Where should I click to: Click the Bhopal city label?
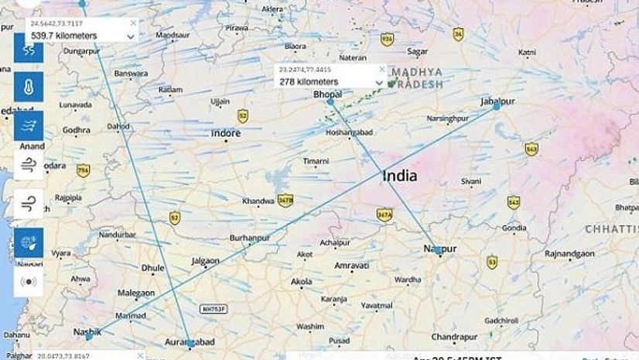(x=327, y=94)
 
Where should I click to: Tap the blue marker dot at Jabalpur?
(x=496, y=106)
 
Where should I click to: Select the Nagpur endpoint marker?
(x=438, y=250)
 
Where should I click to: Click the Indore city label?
(x=226, y=133)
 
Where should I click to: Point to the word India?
(x=399, y=176)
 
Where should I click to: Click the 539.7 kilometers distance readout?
(x=63, y=36)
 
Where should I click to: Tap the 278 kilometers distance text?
(x=309, y=81)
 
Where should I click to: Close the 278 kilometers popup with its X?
(x=381, y=69)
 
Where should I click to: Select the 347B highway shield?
(x=285, y=199)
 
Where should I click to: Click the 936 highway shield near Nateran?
(x=387, y=39)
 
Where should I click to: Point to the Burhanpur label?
(x=249, y=238)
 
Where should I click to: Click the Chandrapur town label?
(x=453, y=337)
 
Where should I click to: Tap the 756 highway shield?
(x=84, y=170)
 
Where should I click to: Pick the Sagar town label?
(x=418, y=51)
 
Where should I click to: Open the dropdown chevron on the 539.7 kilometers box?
(x=131, y=36)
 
